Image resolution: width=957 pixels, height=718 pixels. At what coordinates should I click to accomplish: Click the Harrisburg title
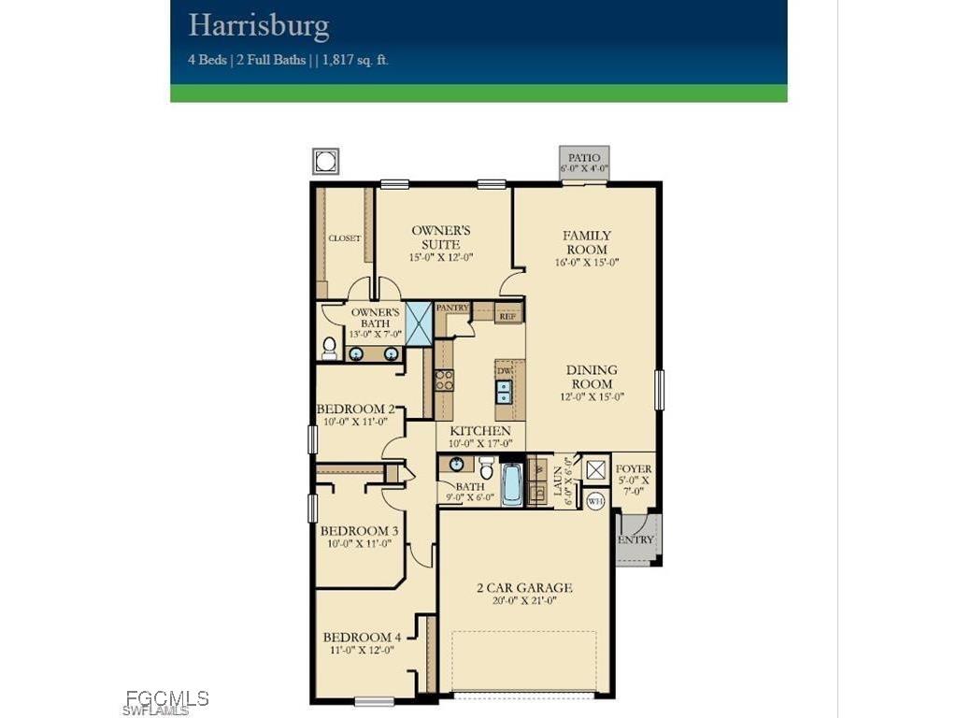click(x=259, y=25)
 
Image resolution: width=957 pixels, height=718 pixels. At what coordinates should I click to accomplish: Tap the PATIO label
click(x=584, y=159)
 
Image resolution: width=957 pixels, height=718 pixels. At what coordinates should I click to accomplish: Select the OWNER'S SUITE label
click(x=442, y=237)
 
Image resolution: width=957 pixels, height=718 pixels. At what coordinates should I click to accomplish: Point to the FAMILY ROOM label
click(x=587, y=242)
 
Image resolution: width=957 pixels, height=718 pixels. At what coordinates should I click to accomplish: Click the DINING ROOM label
click(x=592, y=377)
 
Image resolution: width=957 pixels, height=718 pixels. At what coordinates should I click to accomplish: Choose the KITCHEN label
click(x=480, y=431)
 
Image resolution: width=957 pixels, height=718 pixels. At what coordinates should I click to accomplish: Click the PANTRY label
click(x=452, y=308)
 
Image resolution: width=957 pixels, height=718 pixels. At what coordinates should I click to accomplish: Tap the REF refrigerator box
click(x=507, y=316)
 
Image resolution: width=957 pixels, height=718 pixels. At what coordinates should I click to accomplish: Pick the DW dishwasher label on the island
click(x=504, y=371)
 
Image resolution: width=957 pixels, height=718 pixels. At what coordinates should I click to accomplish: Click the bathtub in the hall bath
click(x=512, y=485)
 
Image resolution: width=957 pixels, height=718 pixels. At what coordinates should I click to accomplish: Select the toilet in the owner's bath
click(x=329, y=349)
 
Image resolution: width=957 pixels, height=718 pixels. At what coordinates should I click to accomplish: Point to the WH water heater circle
click(x=595, y=501)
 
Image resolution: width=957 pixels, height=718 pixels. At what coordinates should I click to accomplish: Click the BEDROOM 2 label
click(x=355, y=409)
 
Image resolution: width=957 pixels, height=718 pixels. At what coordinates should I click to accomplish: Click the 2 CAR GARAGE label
click(x=524, y=588)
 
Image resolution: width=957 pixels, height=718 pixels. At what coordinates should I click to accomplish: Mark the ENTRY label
click(x=636, y=539)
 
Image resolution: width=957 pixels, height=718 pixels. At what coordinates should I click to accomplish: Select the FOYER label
click(x=634, y=469)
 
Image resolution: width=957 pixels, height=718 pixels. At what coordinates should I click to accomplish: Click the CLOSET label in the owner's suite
click(x=344, y=238)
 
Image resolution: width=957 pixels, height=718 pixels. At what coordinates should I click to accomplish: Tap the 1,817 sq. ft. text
click(x=355, y=60)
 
